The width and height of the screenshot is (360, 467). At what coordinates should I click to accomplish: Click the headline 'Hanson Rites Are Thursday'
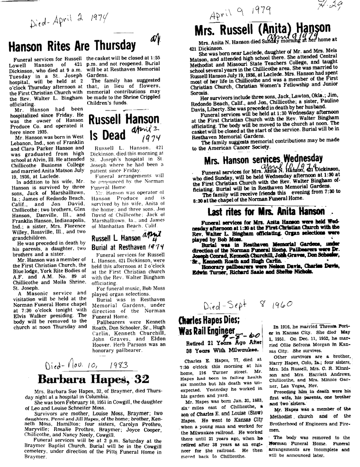(x=72, y=46)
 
